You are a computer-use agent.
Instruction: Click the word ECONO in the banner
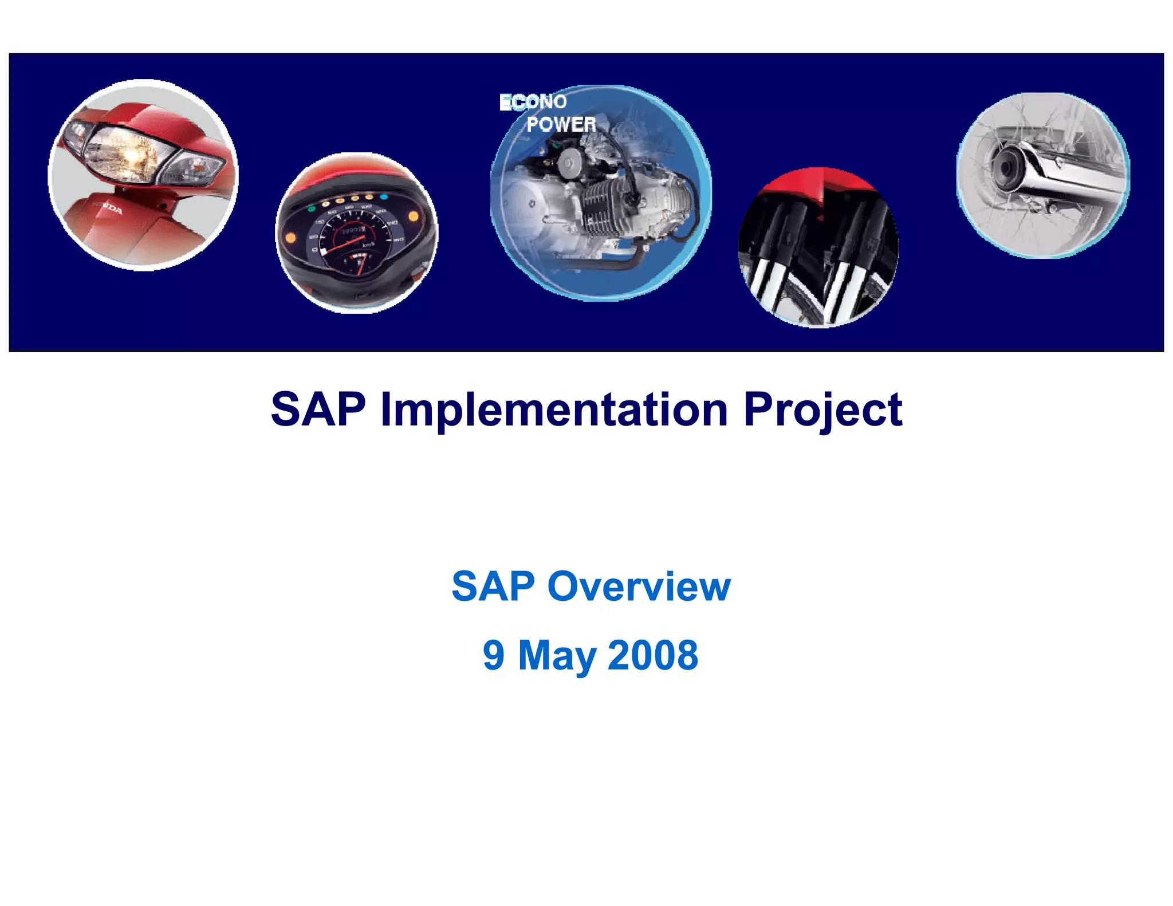(x=533, y=102)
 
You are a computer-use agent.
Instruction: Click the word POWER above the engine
(x=561, y=124)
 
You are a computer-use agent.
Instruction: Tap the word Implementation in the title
(x=554, y=409)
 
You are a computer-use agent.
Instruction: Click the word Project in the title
(x=822, y=409)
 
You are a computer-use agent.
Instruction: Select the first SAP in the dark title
(x=318, y=409)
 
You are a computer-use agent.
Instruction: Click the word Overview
(x=639, y=586)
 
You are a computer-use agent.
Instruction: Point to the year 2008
(x=652, y=655)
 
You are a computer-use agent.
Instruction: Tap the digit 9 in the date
(x=493, y=655)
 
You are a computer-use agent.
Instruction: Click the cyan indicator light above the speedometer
(x=384, y=197)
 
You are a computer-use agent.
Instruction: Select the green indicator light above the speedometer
(x=311, y=208)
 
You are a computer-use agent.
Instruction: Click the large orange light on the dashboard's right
(x=413, y=217)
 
